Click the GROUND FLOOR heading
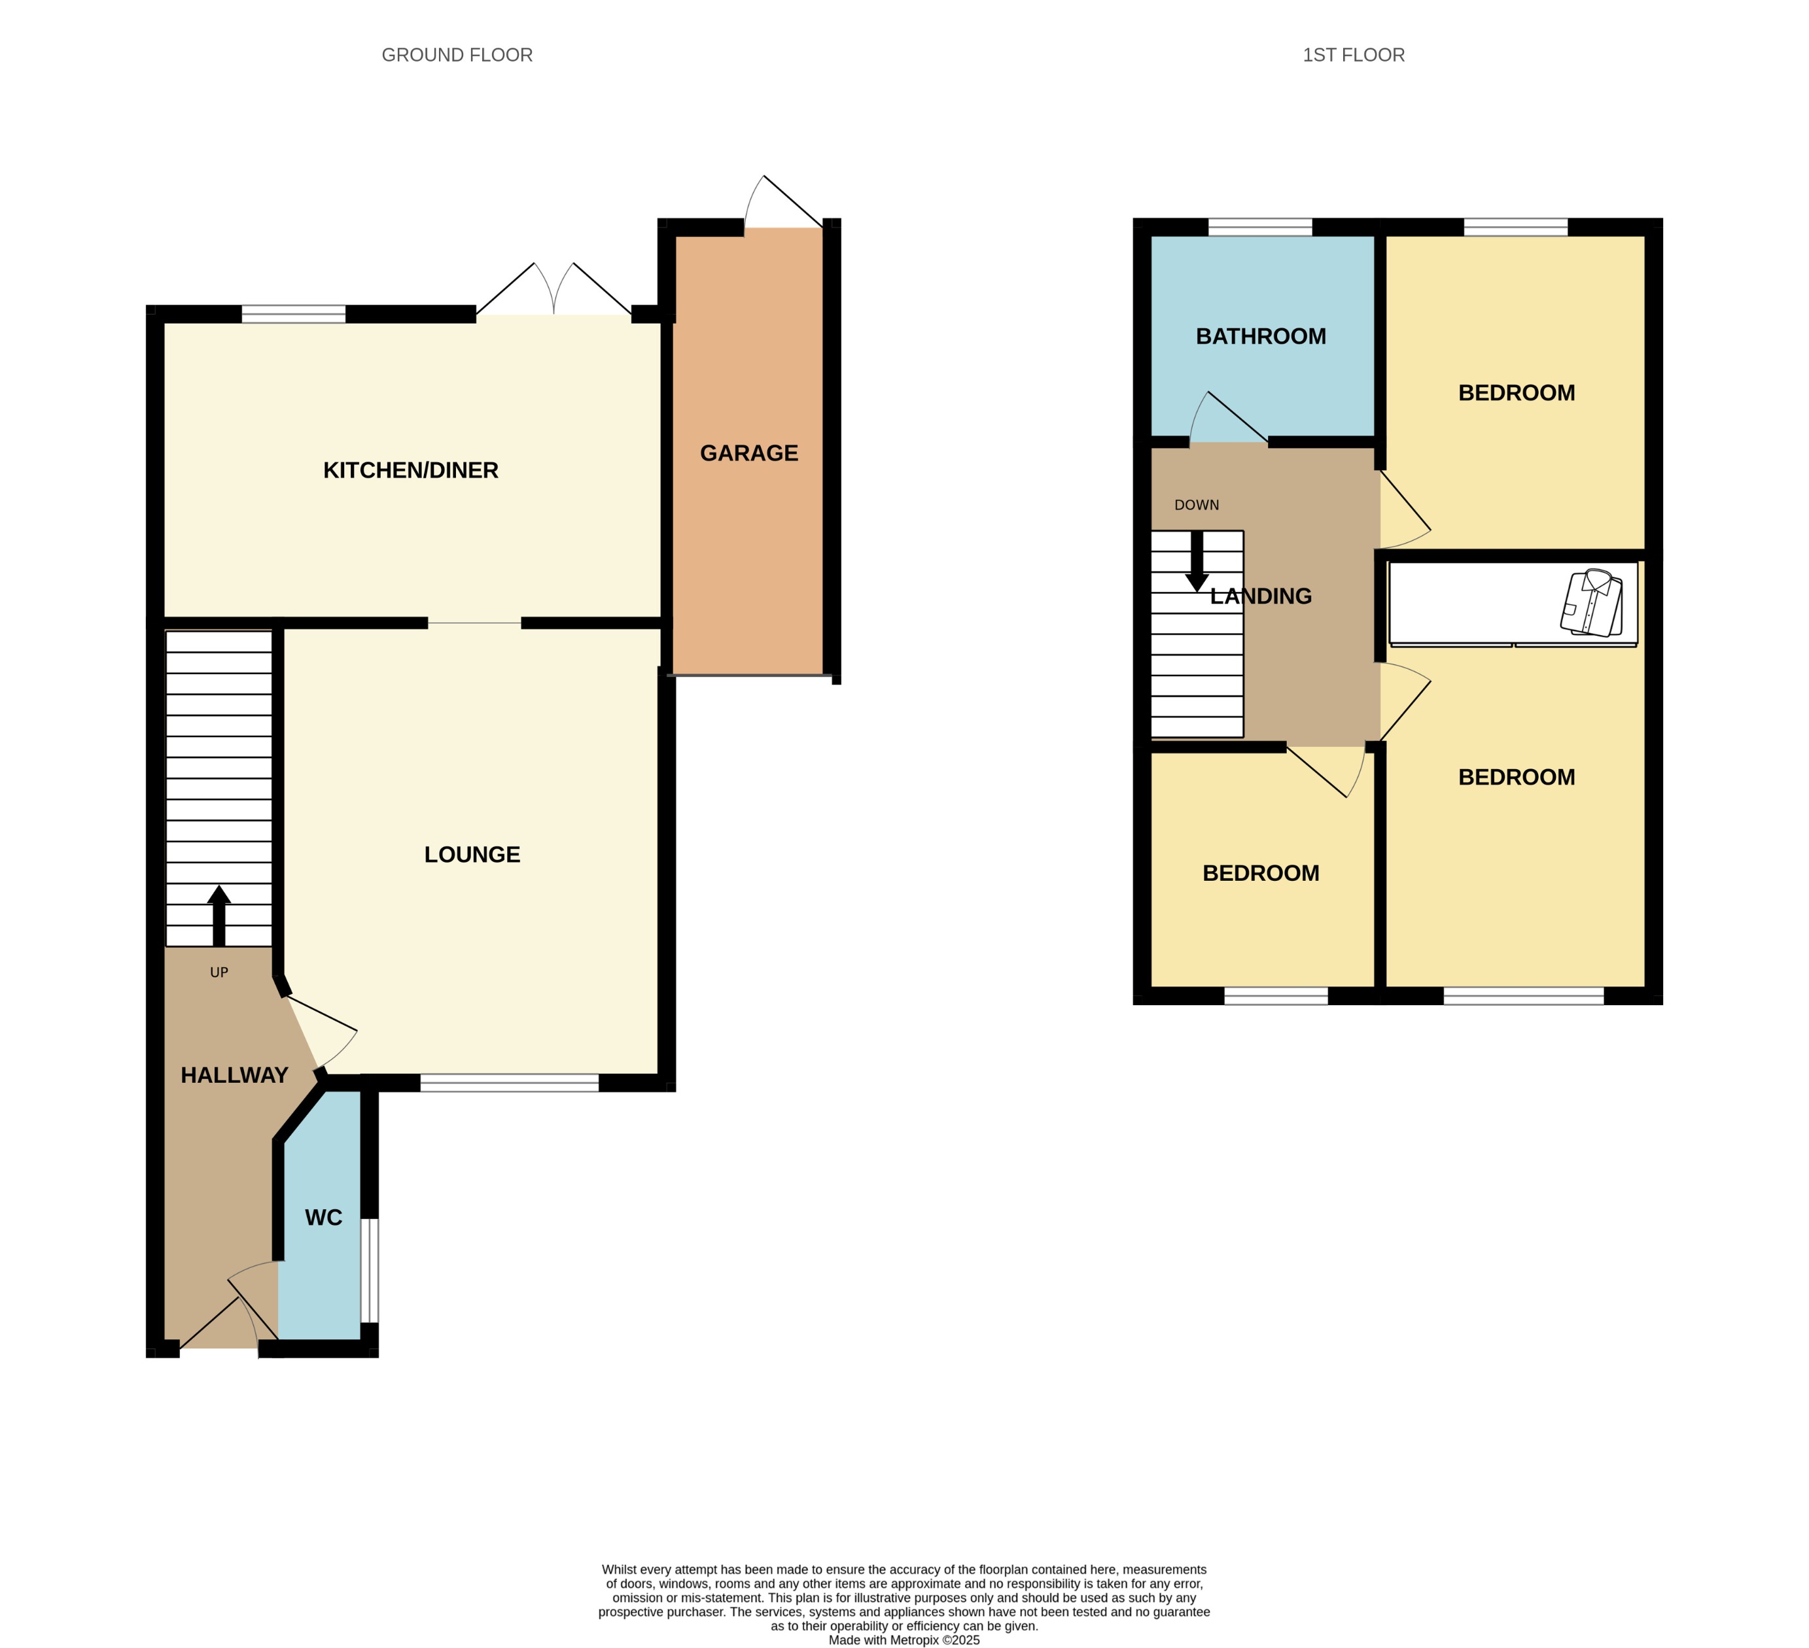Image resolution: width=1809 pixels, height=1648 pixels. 457,56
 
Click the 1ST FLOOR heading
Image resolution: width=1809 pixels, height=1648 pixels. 1353,56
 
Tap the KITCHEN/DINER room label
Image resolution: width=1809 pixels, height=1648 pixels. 410,470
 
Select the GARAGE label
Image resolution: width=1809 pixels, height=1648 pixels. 748,453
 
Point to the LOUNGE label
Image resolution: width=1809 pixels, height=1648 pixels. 472,854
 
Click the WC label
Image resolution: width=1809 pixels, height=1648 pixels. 323,1218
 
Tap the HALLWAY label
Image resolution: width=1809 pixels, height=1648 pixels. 234,1074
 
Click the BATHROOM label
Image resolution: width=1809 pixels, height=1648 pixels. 1260,336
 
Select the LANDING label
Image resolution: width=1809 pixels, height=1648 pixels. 1260,596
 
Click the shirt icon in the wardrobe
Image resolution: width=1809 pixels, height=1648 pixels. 1592,603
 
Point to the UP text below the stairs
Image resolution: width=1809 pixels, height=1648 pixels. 219,972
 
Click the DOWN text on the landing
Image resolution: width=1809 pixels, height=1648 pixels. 1196,505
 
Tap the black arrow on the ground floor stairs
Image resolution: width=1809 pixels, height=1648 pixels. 219,915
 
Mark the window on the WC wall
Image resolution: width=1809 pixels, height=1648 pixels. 369,1270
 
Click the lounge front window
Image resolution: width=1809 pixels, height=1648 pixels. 509,1083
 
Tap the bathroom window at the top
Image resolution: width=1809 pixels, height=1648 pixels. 1260,227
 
